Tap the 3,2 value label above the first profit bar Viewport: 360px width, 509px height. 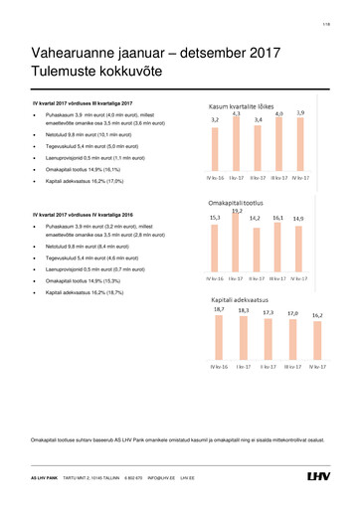click(x=215, y=121)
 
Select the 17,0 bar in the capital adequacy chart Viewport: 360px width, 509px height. click(x=290, y=343)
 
